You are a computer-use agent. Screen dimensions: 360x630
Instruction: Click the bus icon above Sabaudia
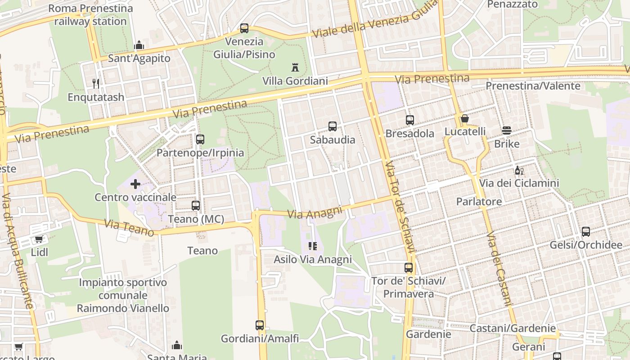333,126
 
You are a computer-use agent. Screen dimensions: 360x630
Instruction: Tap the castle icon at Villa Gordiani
295,68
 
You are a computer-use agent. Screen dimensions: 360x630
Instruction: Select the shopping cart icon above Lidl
39,239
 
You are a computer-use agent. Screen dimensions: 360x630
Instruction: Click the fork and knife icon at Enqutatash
95,84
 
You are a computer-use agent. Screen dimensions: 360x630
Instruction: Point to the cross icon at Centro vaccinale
135,184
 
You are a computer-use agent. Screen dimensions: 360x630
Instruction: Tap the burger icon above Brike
507,131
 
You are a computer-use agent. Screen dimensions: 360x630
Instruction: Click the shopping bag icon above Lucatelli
465,118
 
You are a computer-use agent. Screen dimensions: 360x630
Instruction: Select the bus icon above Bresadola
409,120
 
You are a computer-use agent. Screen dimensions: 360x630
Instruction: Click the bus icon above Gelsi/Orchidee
586,232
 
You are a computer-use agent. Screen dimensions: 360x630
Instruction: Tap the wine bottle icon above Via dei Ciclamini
519,171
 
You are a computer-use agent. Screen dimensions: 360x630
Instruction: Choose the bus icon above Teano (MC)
196,206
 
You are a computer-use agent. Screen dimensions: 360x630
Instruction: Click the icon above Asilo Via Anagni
313,246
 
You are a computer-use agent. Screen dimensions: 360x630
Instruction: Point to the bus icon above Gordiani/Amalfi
260,325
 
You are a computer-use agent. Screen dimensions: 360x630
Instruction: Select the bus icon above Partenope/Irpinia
200,139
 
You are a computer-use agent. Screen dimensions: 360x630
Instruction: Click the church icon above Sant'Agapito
139,45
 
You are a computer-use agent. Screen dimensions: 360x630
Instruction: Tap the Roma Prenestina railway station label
90,15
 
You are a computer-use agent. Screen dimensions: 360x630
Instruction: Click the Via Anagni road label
315,213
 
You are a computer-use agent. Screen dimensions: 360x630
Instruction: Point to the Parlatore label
479,202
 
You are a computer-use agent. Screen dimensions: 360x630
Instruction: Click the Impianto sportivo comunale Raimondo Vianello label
123,295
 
